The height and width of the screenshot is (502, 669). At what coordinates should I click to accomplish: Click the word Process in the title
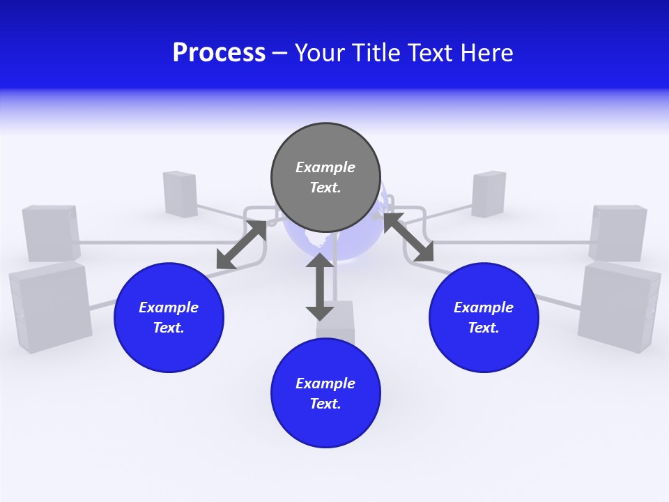coord(219,53)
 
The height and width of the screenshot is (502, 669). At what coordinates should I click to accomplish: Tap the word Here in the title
coord(485,53)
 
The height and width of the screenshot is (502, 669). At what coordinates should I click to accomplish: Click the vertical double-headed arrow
coord(320,287)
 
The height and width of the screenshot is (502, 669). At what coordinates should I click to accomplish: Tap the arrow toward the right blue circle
coord(408,237)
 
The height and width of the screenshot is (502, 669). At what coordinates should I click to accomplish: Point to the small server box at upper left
coord(180,192)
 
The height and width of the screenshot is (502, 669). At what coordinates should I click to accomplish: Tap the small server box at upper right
coord(489,193)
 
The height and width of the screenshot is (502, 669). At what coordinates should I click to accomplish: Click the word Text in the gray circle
coord(325,188)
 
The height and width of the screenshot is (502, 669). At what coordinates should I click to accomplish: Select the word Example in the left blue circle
coord(169,307)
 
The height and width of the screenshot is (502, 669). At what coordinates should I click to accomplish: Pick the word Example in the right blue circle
coord(484,307)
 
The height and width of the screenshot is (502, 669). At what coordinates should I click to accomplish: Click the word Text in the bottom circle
coord(325,404)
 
